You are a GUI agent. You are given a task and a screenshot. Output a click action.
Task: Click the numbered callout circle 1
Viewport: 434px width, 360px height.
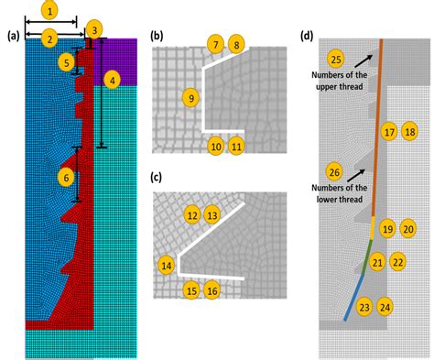(x=50, y=13)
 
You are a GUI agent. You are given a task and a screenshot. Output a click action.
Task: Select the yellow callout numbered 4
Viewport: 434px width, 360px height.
(x=111, y=81)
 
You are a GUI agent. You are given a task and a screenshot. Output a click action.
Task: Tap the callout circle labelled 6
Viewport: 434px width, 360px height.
(x=66, y=176)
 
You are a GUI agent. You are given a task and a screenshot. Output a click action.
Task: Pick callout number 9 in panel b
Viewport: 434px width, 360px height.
(x=190, y=97)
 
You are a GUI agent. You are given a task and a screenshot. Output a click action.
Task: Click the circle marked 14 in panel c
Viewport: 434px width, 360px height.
(x=167, y=266)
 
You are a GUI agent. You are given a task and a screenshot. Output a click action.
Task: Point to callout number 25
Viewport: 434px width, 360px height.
(x=336, y=60)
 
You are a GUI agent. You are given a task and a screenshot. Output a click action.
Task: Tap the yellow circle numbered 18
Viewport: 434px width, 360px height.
(x=409, y=132)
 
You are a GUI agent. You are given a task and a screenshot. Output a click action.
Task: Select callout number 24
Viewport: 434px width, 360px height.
(x=386, y=308)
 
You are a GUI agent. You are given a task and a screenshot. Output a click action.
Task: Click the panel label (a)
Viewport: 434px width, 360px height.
(x=12, y=37)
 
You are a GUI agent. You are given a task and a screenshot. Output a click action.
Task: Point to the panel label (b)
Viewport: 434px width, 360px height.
(x=157, y=37)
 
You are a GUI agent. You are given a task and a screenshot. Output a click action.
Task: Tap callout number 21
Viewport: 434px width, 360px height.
(x=377, y=263)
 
